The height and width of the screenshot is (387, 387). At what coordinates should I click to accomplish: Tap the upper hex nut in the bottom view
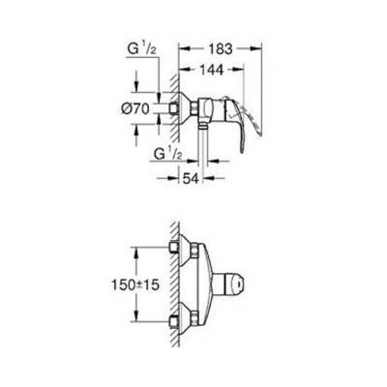pyautogui.click(x=178, y=251)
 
